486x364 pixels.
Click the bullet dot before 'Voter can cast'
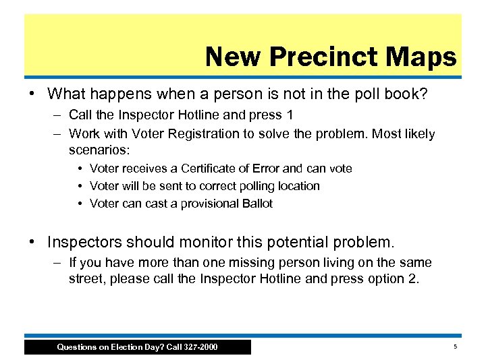coord(80,204)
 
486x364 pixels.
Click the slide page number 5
coord(455,346)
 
